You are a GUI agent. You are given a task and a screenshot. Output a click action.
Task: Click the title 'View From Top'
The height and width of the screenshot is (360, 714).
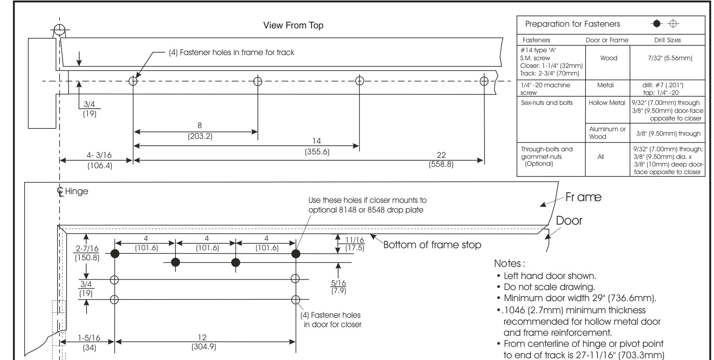pyautogui.click(x=293, y=26)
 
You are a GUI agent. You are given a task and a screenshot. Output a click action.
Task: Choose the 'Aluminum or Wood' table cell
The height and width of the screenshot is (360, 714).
pyautogui.click(x=607, y=133)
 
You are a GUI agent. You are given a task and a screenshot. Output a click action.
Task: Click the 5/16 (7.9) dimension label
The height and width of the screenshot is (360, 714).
pyautogui.click(x=340, y=287)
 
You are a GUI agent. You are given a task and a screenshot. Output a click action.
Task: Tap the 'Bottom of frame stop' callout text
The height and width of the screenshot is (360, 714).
pyautogui.click(x=432, y=245)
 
